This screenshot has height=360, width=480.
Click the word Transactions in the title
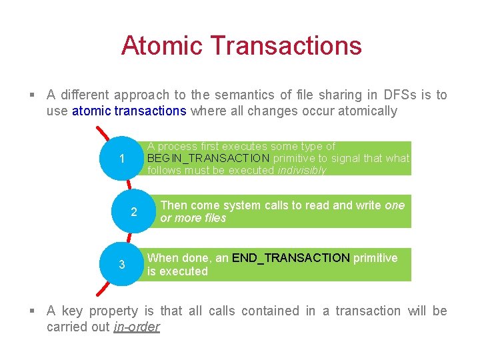pos(286,45)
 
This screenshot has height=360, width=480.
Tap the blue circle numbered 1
pos(121,159)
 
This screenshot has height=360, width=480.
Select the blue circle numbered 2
pos(134,212)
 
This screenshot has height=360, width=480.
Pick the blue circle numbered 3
pos(121,265)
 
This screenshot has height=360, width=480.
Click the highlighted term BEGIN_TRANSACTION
pos(208,158)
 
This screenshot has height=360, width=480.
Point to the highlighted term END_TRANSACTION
pos(291,258)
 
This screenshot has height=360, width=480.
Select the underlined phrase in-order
pos(137,327)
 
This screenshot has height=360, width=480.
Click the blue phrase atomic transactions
pos(129,111)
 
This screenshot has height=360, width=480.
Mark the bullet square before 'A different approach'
pos(33,95)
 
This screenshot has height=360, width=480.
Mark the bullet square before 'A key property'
pos(33,311)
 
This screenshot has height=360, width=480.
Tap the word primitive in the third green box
pos(375,258)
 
